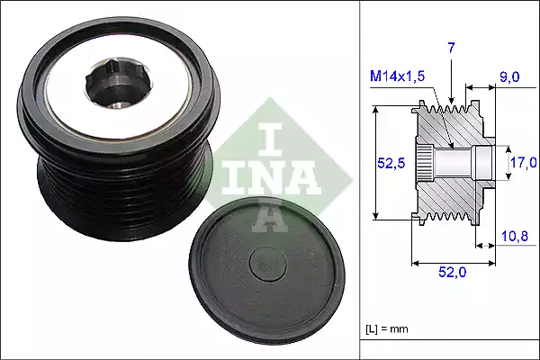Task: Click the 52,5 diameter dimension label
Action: pyautogui.click(x=389, y=162)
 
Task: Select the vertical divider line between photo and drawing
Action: pyautogui.click(x=360, y=180)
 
